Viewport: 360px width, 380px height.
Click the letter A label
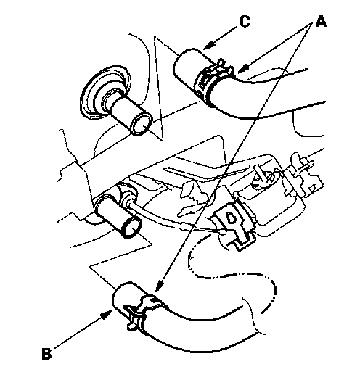pos(321,21)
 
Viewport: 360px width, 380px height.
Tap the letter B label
pos(47,355)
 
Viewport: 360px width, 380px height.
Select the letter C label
pos(245,21)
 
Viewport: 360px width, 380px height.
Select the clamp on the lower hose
pos(141,313)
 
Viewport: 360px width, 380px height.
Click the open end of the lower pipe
pos(131,227)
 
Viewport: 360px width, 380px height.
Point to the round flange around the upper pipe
pos(105,91)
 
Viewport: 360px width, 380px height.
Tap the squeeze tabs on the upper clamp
pos(223,66)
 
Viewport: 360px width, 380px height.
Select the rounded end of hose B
pos(119,297)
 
